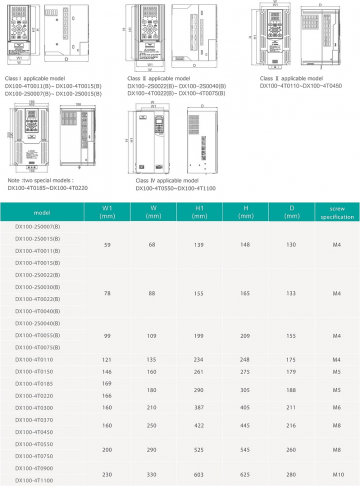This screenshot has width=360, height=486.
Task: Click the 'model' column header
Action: point(40,213)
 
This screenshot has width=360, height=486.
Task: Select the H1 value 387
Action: point(199,407)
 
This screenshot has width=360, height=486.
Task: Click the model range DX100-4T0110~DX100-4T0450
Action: point(300,85)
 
